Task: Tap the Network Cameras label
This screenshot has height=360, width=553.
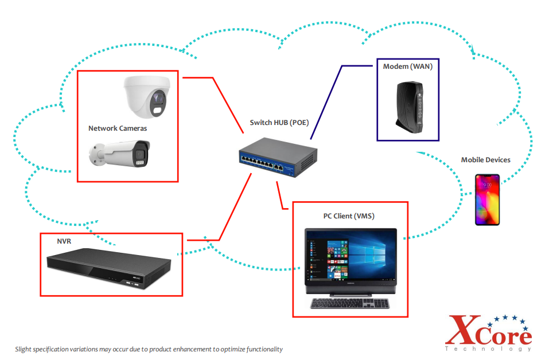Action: click(118, 128)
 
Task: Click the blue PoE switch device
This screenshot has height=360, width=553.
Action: click(278, 159)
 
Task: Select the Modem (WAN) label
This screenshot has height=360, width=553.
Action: click(408, 67)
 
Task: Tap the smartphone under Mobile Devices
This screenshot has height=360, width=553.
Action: click(487, 199)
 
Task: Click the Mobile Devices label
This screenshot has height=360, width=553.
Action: click(485, 160)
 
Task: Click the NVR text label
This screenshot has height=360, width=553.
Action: click(64, 241)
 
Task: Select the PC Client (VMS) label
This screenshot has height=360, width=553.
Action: click(349, 216)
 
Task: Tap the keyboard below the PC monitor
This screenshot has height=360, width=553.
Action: click(350, 303)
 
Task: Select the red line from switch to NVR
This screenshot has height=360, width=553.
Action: click(236, 206)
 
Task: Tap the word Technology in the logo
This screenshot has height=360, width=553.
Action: click(488, 349)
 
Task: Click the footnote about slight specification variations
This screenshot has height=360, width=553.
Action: click(149, 349)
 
